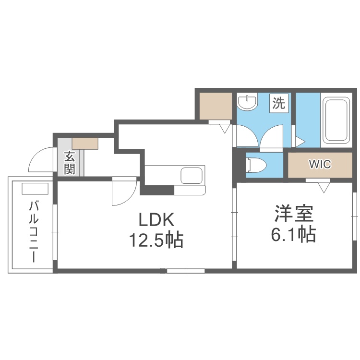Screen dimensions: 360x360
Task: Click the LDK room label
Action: click(156, 219)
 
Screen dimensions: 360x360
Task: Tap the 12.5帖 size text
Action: click(156, 240)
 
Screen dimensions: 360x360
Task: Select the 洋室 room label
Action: click(294, 213)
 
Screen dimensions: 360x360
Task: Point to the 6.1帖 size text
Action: click(294, 234)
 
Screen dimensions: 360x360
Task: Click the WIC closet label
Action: click(320, 164)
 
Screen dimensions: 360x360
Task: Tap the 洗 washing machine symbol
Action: click(279, 103)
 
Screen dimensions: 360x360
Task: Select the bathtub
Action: click(336, 120)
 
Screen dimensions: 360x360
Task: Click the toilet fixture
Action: click(255, 165)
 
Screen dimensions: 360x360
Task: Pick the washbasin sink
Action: click(247, 102)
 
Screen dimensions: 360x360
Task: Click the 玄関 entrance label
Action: click(69, 163)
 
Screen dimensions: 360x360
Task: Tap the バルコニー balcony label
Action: click(34, 231)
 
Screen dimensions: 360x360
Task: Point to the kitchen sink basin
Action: click(192, 176)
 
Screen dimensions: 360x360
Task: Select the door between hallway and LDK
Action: click(124, 191)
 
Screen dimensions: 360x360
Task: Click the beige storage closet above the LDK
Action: click(216, 106)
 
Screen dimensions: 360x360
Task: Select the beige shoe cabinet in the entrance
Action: click(85, 143)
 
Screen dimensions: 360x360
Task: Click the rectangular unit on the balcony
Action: click(35, 189)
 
